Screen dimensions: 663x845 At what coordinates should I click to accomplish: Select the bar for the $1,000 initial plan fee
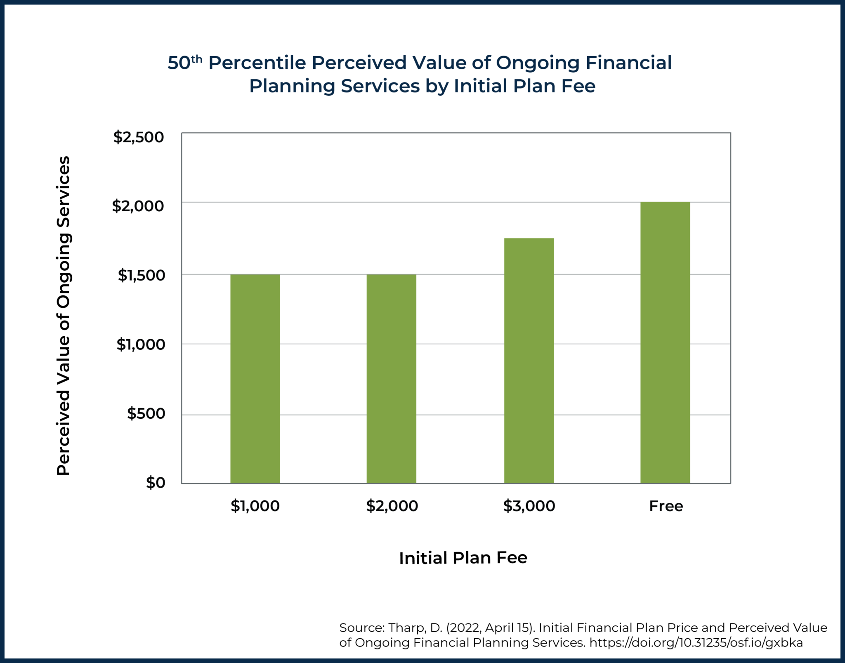[x=255, y=378]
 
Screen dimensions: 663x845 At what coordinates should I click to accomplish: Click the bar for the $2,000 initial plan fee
[x=391, y=378]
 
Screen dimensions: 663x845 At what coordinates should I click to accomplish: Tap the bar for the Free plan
[x=665, y=342]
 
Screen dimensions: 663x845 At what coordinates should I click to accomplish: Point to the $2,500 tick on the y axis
[x=139, y=137]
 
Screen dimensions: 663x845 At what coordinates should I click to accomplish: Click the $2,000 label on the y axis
[x=138, y=206]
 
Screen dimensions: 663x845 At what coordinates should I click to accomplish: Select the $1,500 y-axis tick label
[x=141, y=275]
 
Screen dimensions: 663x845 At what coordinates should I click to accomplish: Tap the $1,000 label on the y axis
[x=140, y=344]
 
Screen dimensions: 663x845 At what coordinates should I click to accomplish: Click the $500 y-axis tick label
[x=146, y=413]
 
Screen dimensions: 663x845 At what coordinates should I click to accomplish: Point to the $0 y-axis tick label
[x=156, y=483]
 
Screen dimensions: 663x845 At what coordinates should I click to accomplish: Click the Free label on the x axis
[x=666, y=506]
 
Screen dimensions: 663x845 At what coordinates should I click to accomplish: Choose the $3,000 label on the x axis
[x=529, y=506]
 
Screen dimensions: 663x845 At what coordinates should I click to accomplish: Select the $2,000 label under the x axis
[x=392, y=506]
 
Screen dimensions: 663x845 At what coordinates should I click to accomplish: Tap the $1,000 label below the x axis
[x=255, y=506]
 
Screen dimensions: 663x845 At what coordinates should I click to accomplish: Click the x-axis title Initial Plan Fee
[x=463, y=558]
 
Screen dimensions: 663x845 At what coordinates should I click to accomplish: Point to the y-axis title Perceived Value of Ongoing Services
[x=64, y=316]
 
